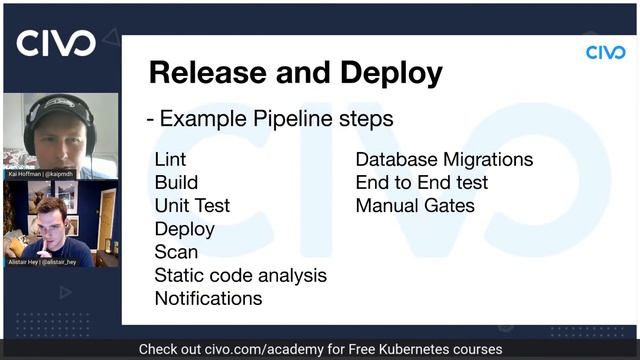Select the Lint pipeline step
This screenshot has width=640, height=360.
(x=170, y=160)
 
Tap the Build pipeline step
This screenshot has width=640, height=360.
(x=176, y=183)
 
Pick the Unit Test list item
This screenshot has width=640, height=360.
(x=192, y=206)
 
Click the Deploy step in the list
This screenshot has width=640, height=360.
(x=184, y=229)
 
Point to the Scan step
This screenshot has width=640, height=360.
(x=176, y=252)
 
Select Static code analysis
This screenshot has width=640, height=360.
(x=240, y=275)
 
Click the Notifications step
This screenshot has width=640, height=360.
(x=208, y=298)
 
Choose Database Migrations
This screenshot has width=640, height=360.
(x=444, y=160)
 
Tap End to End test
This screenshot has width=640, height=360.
(x=422, y=183)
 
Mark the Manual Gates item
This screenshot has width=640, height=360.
(x=415, y=206)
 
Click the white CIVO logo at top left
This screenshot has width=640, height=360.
(x=56, y=43)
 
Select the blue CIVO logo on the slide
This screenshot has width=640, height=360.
(x=605, y=52)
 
